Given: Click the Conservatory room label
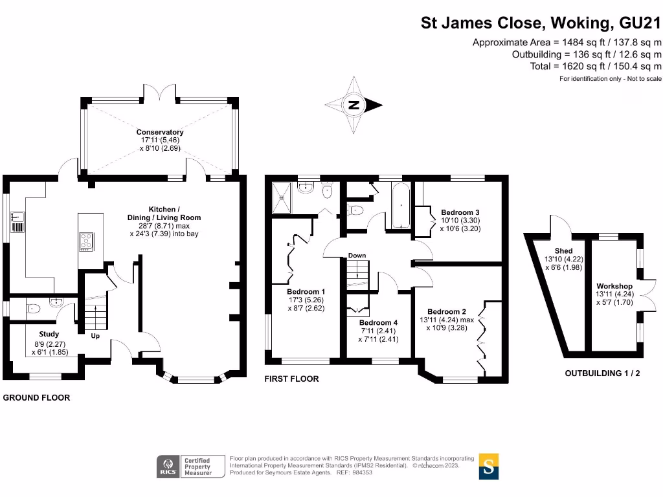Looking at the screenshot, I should [159, 133].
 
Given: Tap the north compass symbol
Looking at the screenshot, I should [354, 105].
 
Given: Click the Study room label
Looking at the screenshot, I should [49, 335].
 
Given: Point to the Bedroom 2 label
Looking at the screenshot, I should [447, 312].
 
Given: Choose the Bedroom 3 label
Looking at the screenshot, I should [460, 212].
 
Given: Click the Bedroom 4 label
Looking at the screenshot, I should [379, 323].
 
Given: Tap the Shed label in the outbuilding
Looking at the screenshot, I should [563, 251].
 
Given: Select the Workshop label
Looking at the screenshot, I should [614, 286].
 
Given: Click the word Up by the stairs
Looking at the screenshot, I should [95, 336].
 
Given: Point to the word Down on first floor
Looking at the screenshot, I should [357, 256].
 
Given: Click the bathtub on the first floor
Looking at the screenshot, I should [401, 206].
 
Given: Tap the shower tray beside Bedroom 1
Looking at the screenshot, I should [284, 197].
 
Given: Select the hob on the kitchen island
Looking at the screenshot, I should [86, 241].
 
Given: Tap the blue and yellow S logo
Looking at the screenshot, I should [489, 466].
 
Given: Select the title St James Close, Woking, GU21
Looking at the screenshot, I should [541, 23].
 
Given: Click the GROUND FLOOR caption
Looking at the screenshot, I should [37, 397].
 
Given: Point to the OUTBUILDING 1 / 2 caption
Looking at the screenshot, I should [602, 373].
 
